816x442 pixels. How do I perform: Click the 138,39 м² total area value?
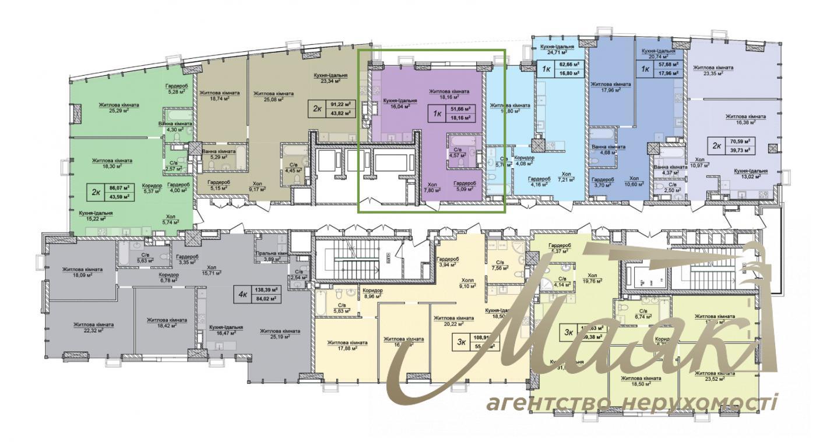(265, 289)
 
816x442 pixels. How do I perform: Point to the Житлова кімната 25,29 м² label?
(119, 108)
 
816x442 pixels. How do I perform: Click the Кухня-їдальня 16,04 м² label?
(396, 104)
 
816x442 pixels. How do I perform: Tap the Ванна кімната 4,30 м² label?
(175, 127)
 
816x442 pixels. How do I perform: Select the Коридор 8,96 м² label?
(372, 293)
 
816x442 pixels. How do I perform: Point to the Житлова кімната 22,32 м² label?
(93, 327)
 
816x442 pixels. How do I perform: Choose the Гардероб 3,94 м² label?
(450, 262)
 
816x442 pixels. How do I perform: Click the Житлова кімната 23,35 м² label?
(713, 70)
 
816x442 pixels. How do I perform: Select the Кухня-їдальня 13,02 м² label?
(750, 174)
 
